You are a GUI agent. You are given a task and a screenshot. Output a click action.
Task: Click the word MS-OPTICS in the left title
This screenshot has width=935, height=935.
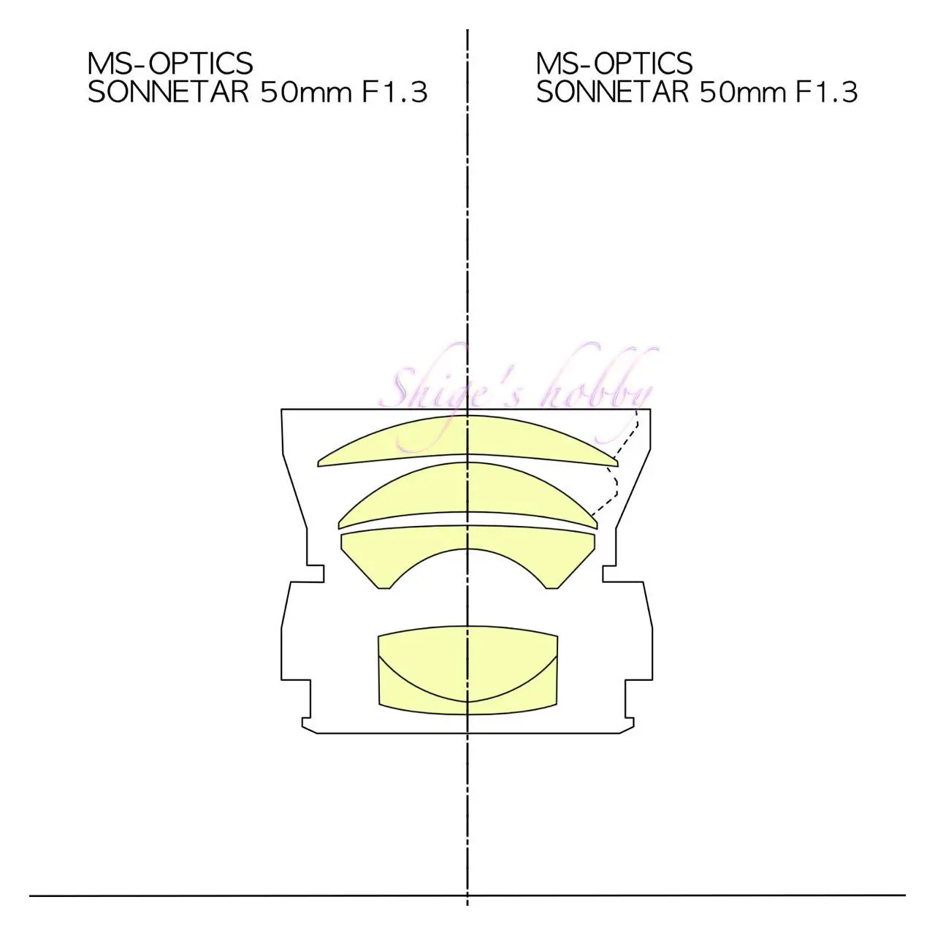[170, 63]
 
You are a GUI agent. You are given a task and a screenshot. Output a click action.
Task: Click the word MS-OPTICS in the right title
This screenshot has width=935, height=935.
[614, 63]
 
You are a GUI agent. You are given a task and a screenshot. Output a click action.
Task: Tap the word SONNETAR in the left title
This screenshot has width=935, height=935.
[168, 92]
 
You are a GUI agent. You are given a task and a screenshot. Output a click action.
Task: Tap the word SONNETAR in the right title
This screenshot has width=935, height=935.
[612, 92]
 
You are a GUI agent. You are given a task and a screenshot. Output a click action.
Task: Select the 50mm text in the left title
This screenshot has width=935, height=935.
[305, 92]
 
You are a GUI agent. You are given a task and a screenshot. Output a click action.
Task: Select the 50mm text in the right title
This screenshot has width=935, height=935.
[742, 92]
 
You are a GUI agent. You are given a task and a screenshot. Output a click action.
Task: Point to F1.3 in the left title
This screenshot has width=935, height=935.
[395, 92]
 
